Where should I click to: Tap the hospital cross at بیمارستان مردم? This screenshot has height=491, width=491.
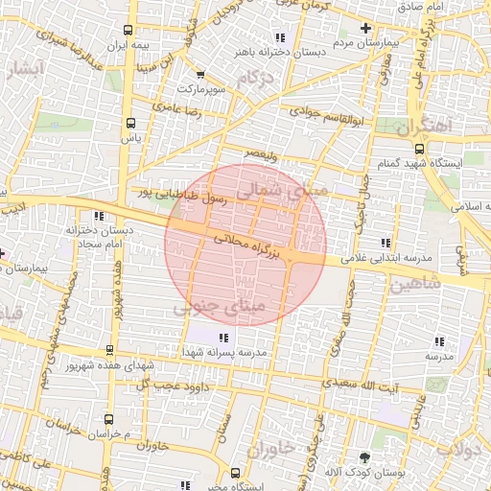tap(364, 29)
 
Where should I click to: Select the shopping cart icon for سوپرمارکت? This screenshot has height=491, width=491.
tap(199, 75)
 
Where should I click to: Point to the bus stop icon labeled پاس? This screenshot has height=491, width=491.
tap(130, 123)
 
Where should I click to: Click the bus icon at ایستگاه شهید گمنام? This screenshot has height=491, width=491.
tap(419, 148)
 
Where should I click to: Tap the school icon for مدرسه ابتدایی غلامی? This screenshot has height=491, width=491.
tap(386, 242)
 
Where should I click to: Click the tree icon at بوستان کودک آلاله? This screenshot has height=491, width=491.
tap(363, 457)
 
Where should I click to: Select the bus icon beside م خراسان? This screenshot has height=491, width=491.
tap(107, 419)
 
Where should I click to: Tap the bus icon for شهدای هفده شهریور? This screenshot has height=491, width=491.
tap(110, 351)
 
